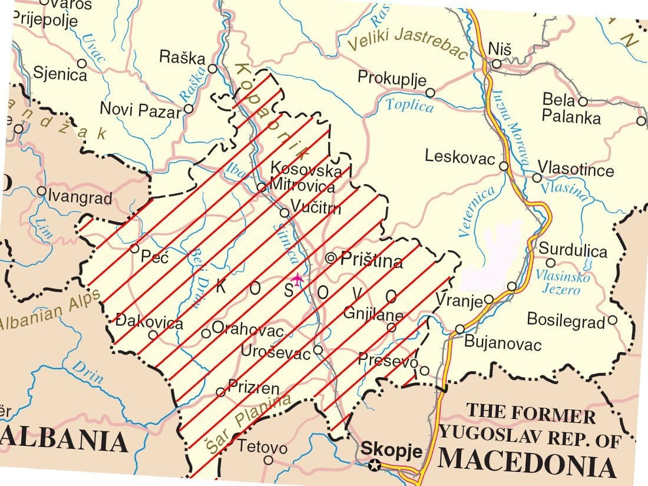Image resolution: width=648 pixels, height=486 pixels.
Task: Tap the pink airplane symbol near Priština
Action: point(297,279)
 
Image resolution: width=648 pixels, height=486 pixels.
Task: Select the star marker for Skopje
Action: point(374,467)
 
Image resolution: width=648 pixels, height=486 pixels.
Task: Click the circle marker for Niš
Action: point(497,64)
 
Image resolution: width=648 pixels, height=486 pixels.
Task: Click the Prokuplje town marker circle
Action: point(430,92)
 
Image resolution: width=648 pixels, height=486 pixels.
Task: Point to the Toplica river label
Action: point(409,105)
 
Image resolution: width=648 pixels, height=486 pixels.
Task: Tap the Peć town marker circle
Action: point(134,248)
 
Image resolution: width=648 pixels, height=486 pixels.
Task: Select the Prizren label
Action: point(254,388)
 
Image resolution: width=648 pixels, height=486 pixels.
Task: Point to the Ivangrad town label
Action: point(80,197)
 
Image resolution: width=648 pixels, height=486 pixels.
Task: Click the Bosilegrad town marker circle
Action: point(612,320)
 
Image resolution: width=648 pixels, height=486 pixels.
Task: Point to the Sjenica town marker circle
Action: point(82,63)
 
